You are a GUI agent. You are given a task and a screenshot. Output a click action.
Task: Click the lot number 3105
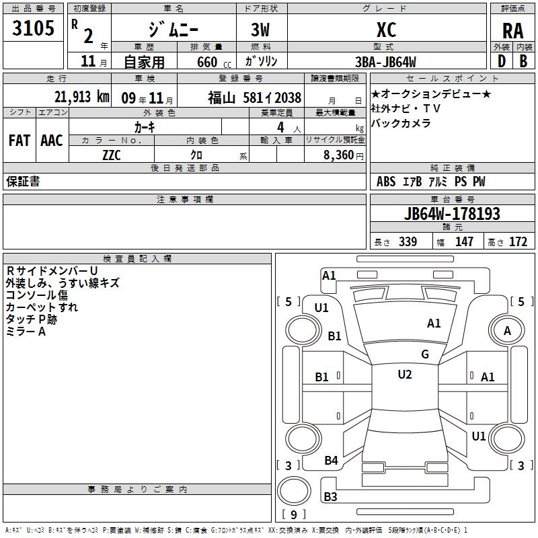33,28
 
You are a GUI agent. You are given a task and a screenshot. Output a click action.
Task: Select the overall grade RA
512,31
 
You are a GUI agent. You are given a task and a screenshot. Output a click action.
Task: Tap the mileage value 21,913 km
81,97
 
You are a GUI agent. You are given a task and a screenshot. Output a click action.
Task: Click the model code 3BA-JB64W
385,62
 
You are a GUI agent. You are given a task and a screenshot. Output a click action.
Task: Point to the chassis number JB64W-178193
452,213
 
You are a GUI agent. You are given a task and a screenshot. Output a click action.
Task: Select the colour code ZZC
112,155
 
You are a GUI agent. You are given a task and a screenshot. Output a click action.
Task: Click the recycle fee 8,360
338,155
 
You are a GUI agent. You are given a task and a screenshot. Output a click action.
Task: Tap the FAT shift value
20,141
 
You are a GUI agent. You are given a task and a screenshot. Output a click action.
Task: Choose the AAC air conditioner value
52,141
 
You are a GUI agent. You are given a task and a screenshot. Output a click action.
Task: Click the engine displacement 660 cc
214,62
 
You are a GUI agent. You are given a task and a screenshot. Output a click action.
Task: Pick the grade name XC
386,30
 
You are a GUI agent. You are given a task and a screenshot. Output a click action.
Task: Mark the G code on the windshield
425,354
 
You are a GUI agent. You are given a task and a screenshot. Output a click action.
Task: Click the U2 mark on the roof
405,375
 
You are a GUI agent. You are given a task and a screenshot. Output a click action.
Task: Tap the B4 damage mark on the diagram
331,460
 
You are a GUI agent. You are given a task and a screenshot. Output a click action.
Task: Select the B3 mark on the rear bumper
330,496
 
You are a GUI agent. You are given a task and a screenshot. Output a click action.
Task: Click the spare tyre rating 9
293,514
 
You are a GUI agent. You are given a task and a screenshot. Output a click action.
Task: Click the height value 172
518,241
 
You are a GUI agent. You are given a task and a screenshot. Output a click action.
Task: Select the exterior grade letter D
501,61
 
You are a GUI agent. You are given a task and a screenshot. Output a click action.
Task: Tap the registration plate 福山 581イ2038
254,98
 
